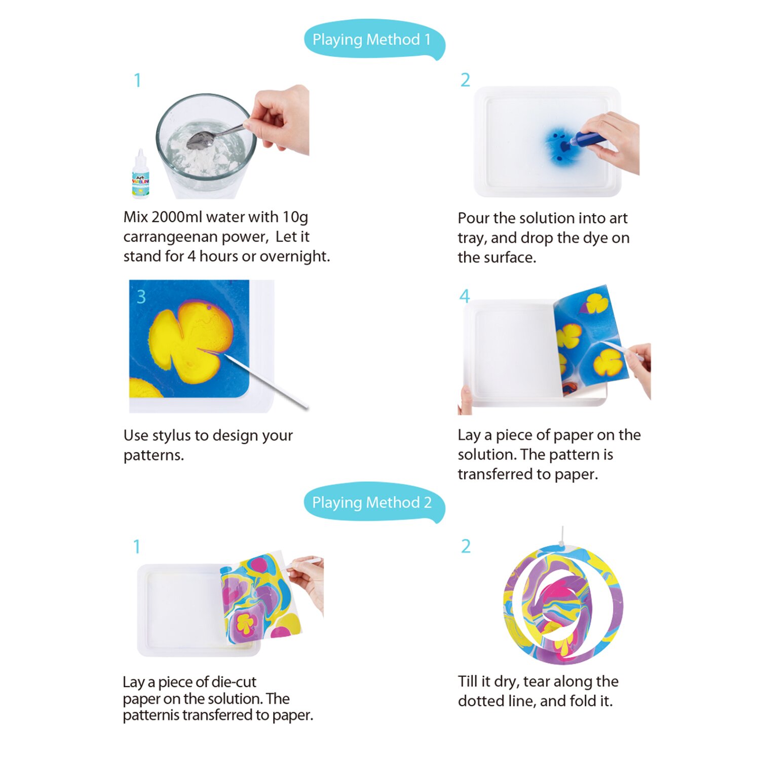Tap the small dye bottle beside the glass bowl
[x=140, y=176]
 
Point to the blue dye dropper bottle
[x=588, y=138]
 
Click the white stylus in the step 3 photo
[x=266, y=381]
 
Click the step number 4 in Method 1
[x=464, y=296]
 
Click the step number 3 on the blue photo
[x=141, y=297]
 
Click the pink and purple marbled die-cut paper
[x=258, y=598]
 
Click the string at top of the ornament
[x=562, y=535]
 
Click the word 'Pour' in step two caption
[x=473, y=218]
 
